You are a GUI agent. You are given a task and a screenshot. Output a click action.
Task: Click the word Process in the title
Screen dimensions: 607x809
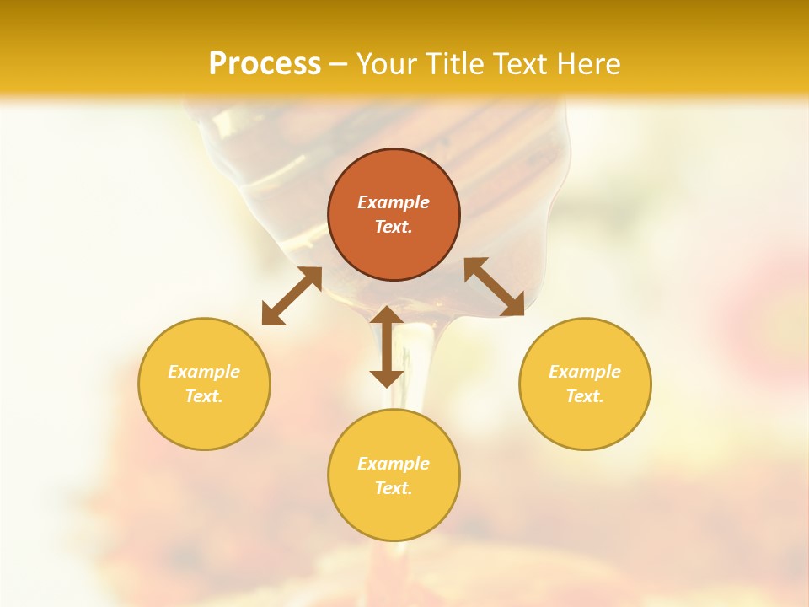click(x=265, y=64)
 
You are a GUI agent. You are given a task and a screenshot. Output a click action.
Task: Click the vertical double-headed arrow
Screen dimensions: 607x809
click(x=387, y=346)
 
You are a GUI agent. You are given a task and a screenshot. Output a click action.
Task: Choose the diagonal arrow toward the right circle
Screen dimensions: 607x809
click(x=495, y=287)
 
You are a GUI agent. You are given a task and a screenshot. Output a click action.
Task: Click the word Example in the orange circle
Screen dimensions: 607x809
click(x=394, y=202)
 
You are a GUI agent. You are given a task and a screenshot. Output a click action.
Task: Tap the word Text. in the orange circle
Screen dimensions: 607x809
click(x=394, y=227)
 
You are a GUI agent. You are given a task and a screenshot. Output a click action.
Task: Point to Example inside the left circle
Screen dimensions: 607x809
click(x=204, y=372)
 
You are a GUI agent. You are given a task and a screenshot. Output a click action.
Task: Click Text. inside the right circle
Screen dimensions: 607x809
click(x=585, y=396)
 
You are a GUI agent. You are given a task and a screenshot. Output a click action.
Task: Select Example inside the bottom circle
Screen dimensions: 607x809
click(x=394, y=464)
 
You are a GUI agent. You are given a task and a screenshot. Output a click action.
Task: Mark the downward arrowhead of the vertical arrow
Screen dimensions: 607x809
click(x=387, y=376)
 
